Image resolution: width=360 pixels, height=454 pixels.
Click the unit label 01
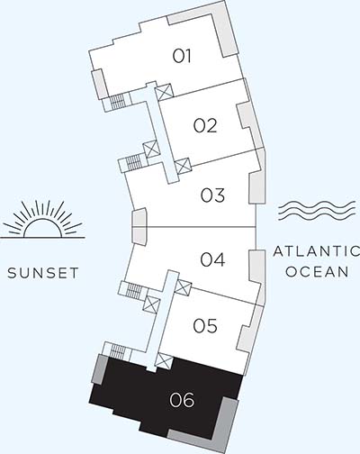click(x=184, y=56)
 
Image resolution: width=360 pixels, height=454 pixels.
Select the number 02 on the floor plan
click(x=205, y=125)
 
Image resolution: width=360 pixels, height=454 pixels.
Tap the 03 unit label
click(x=212, y=195)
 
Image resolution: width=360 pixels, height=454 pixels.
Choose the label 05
click(x=205, y=326)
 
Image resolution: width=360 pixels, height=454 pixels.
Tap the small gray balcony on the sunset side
click(x=138, y=225)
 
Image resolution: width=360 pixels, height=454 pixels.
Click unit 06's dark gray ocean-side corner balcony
click(x=230, y=423)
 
